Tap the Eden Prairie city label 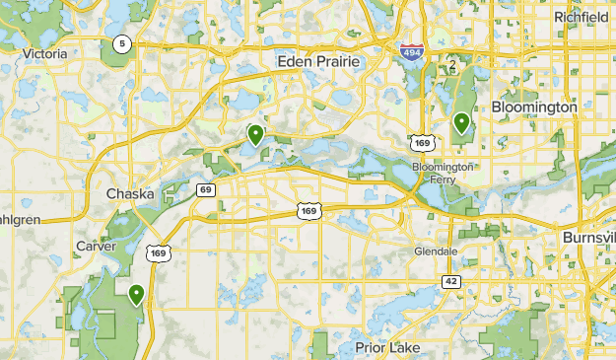pos(320,62)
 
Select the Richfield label pos(582,17)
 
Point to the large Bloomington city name pos(533,106)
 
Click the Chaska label pos(130,193)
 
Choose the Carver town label pos(96,246)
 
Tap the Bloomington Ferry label pos(443,174)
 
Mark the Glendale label pos(436,252)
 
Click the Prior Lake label pos(387,348)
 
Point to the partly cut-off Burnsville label pos(589,239)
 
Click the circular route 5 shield pos(121,43)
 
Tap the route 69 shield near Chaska pos(205,189)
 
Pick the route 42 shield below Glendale pos(451,281)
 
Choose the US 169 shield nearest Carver pos(159,253)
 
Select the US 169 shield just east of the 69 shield pos(308,210)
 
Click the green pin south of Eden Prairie pos(255,134)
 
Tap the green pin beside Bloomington pos(461,123)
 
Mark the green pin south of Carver pos(136,293)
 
